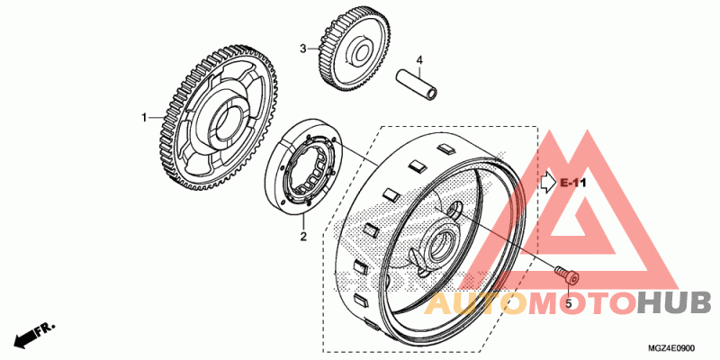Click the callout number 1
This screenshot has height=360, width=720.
[142, 117]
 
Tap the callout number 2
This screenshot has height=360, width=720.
[303, 237]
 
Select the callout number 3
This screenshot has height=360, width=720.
[304, 48]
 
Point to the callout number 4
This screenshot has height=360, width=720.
[418, 61]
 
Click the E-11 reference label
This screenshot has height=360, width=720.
[572, 183]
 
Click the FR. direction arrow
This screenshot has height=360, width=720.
[31, 335]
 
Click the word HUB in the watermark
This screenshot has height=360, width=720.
[674, 303]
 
